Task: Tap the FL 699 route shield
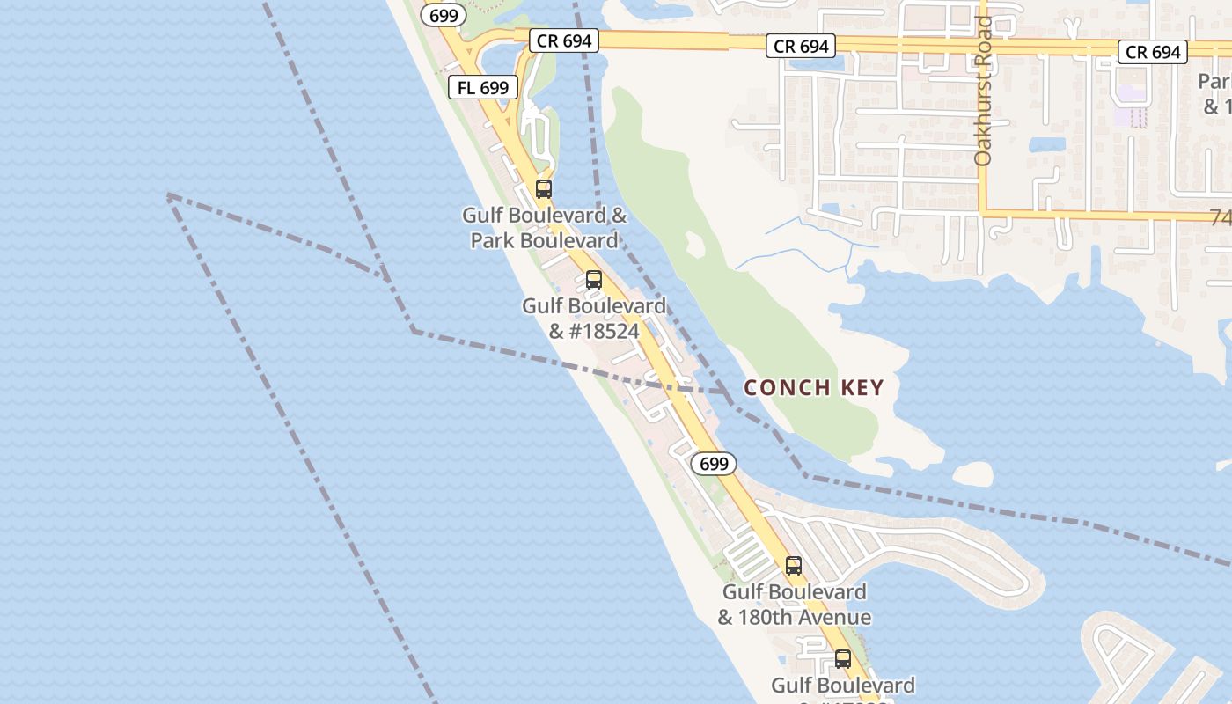(x=483, y=87)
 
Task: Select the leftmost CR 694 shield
(x=564, y=40)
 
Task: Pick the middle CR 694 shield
(x=801, y=47)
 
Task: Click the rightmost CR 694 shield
(x=1153, y=52)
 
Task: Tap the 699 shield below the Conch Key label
(x=713, y=464)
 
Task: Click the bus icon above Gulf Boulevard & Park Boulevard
(x=544, y=188)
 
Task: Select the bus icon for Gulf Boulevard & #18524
(x=594, y=280)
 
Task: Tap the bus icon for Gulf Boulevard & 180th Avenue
(x=794, y=566)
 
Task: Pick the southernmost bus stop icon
(x=843, y=658)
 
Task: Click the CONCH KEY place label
(x=814, y=388)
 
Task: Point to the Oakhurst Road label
(x=984, y=91)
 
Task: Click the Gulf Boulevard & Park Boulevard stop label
(x=546, y=228)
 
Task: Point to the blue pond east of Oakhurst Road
(x=1047, y=144)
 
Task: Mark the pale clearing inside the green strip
(x=695, y=245)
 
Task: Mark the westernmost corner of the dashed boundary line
(x=168, y=195)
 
